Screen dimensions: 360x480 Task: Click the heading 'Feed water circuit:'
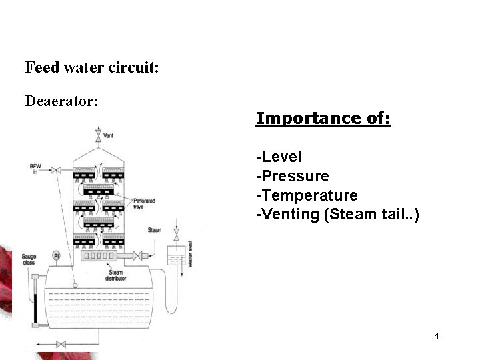(x=91, y=67)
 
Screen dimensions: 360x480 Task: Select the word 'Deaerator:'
(x=61, y=101)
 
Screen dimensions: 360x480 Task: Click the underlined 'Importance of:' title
(x=323, y=118)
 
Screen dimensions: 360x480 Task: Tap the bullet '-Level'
(x=279, y=157)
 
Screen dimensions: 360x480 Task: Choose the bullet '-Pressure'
(x=292, y=176)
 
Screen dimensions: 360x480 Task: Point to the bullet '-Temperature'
(x=307, y=195)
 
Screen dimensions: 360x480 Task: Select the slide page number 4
(x=436, y=335)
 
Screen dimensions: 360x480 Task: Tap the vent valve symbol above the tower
(x=98, y=137)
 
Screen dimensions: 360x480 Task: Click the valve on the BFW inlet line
(x=56, y=171)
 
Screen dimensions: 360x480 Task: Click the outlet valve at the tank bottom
(x=61, y=344)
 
